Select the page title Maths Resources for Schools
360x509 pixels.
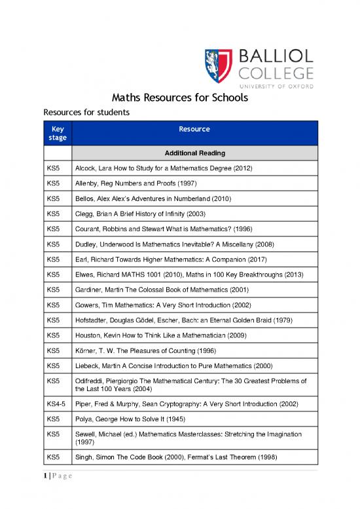(x=179, y=100)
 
